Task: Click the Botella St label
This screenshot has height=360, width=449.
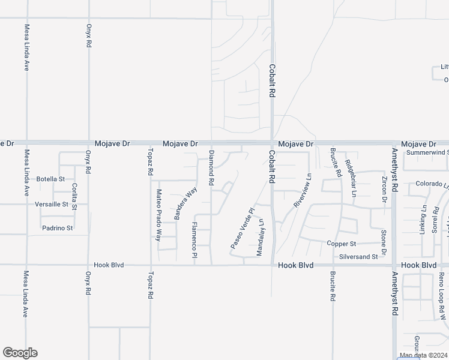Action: coord(50,179)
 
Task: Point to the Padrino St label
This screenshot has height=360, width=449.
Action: coord(57,228)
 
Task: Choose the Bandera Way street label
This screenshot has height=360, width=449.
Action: coord(185,204)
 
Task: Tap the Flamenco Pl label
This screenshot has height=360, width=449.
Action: coord(194,240)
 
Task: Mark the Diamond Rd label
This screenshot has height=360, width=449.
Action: coord(211,168)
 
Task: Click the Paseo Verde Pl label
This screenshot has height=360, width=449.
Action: coord(243,229)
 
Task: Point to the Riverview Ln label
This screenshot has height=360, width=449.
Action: coord(304,191)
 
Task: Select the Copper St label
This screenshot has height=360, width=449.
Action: coord(342,244)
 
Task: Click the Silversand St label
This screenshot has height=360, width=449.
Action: coord(358,256)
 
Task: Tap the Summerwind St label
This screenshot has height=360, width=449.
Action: coord(427,152)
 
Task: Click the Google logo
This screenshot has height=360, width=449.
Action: coord(20,353)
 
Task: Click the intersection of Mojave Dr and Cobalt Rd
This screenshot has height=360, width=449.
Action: coord(272,143)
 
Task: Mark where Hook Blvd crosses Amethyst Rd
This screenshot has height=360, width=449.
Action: coord(394,265)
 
